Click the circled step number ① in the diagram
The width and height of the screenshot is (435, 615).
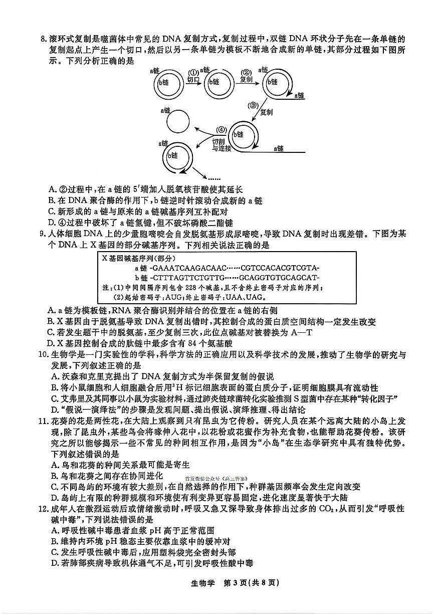[x=193, y=72]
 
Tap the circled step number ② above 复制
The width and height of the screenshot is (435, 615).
[x=246, y=72]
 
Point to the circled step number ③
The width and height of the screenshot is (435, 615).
[x=253, y=105]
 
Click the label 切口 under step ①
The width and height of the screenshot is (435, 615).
[x=193, y=80]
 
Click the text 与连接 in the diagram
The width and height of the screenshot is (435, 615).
[x=221, y=148]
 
